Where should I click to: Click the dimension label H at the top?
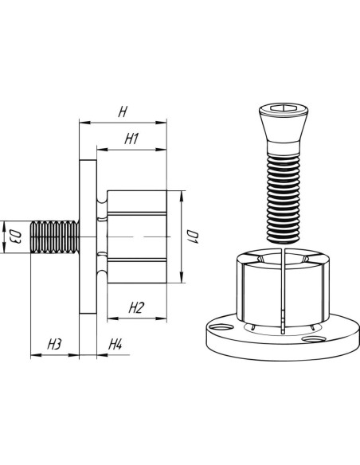(123, 112)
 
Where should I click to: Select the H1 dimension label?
(131, 139)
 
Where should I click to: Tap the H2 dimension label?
(136, 308)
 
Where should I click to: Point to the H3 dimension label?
(54, 345)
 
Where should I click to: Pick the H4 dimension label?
(115, 345)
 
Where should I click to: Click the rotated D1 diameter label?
(193, 236)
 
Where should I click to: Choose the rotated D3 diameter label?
(16, 236)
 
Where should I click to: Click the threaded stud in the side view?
(55, 236)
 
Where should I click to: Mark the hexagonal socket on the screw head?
(284, 108)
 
